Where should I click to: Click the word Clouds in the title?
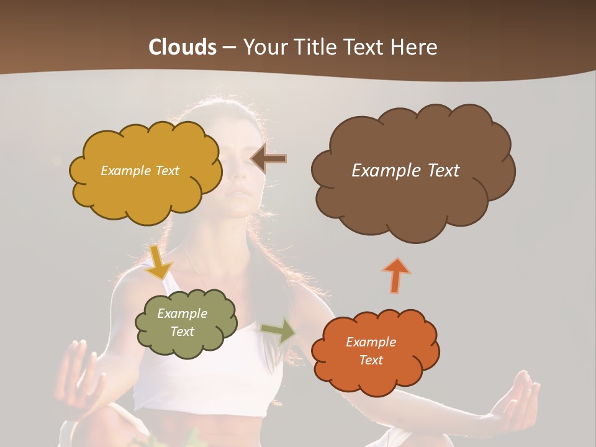182,47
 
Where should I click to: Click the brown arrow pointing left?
268,159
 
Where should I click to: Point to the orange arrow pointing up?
397,275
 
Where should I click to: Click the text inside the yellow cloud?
140,171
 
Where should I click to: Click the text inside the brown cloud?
405,171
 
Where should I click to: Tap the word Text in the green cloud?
183,332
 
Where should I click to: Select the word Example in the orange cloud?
371,342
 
